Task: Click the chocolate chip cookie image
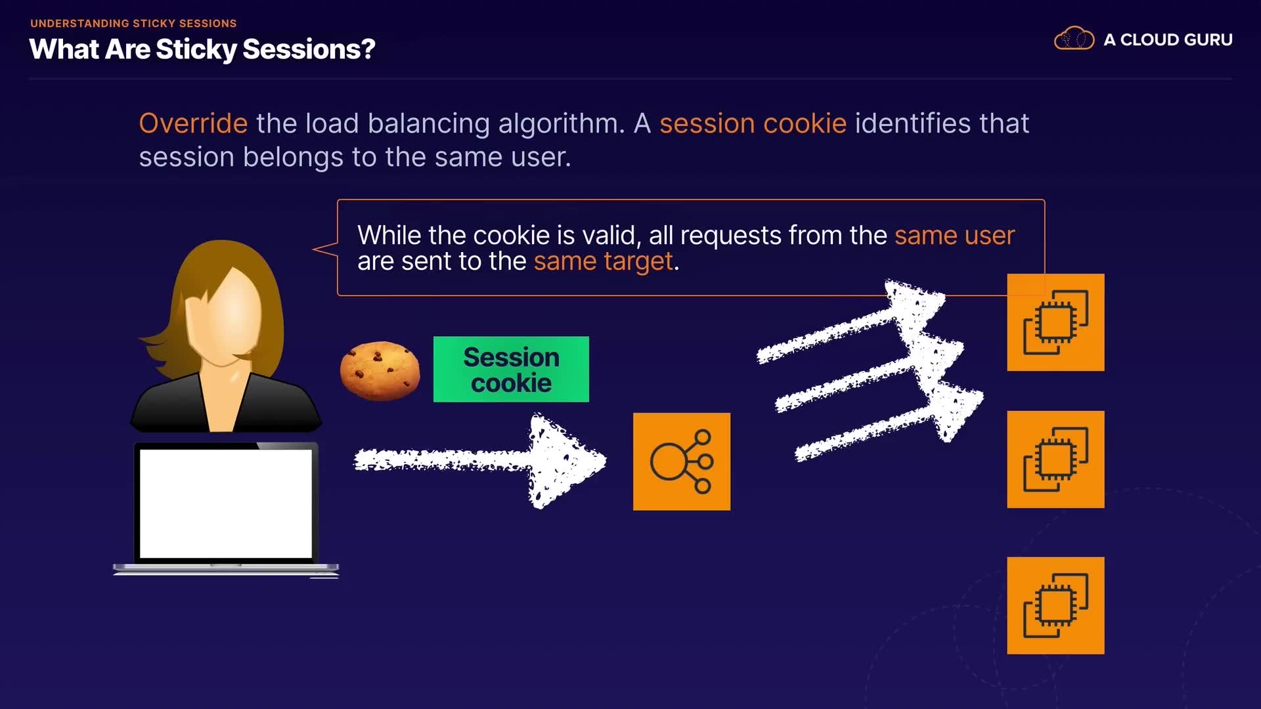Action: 380,370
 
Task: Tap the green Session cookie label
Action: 511,369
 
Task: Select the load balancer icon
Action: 682,462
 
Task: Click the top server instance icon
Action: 1055,322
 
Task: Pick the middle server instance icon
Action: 1055,460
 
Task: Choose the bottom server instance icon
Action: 1055,605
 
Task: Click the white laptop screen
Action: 226,504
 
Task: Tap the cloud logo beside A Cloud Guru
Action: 1074,39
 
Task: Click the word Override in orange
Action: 193,123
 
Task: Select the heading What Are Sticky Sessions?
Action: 202,49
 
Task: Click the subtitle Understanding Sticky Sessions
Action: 133,24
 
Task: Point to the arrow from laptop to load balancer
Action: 480,460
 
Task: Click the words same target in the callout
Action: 604,261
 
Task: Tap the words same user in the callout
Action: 954,235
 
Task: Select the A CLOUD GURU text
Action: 1168,40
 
